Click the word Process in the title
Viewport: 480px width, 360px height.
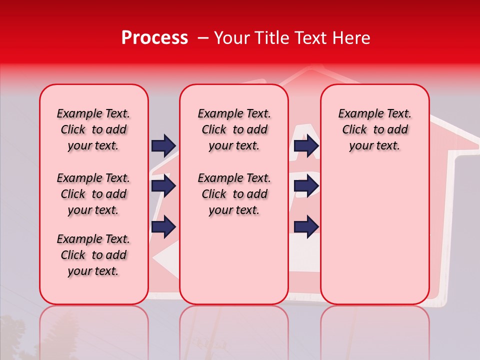pyautogui.click(x=154, y=38)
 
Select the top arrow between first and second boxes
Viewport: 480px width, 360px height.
pyautogui.click(x=163, y=145)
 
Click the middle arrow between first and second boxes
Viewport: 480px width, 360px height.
pyautogui.click(x=163, y=186)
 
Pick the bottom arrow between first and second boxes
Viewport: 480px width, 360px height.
pyautogui.click(x=163, y=226)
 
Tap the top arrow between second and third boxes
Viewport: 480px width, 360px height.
pyautogui.click(x=306, y=145)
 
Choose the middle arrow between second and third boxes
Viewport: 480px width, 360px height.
pyautogui.click(x=306, y=186)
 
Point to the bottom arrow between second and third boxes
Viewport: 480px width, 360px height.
pyautogui.click(x=306, y=226)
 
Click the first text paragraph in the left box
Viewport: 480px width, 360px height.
pyautogui.click(x=93, y=129)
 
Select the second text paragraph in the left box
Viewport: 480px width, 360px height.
pyautogui.click(x=93, y=194)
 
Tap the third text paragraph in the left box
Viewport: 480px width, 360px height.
pyautogui.click(x=93, y=255)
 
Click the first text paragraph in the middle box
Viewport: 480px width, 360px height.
pyautogui.click(x=234, y=129)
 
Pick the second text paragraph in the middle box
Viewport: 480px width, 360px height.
pyautogui.click(x=234, y=194)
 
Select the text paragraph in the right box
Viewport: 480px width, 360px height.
pyautogui.click(x=374, y=129)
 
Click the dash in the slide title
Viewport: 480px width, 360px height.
pyautogui.click(x=202, y=38)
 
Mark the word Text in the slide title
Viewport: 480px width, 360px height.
pyautogui.click(x=311, y=38)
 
